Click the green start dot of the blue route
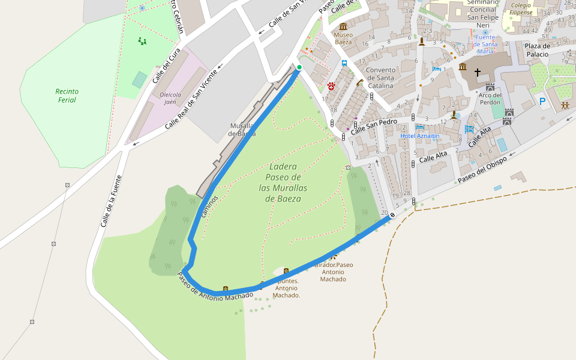point(299,67)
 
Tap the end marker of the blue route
point(392,215)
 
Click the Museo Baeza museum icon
point(343,26)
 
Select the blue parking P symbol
point(542,102)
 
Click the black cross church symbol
point(478,73)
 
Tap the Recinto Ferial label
point(67,95)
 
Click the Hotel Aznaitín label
point(420,136)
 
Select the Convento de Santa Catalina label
point(380,77)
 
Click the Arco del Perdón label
point(490,98)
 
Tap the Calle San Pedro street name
point(374,125)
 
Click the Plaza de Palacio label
point(536,50)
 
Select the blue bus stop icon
point(344,63)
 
